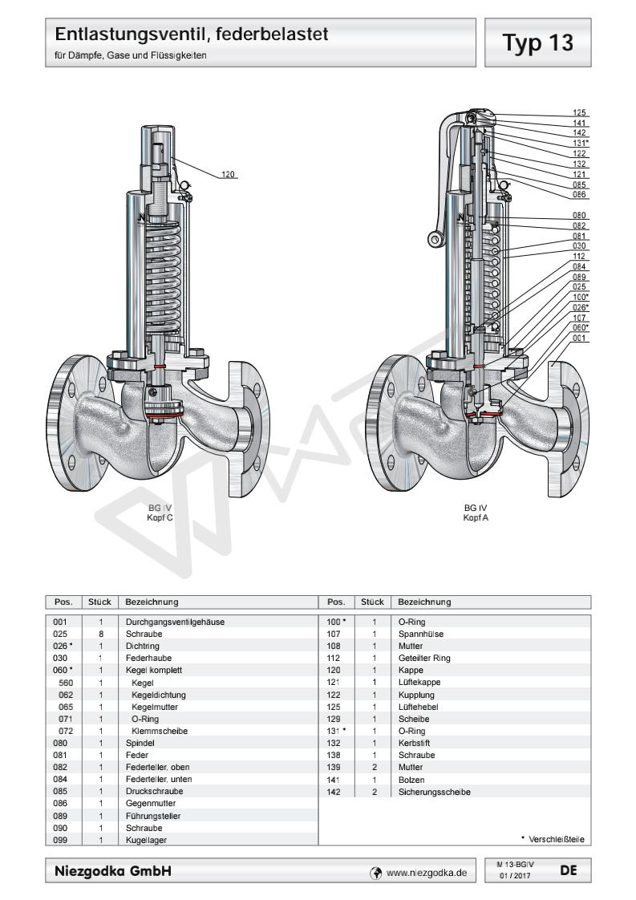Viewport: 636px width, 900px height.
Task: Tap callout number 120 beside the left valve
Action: coord(228,172)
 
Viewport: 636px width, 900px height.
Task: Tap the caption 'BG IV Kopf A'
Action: coord(476,513)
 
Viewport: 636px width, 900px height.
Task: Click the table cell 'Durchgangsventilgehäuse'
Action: coord(169,622)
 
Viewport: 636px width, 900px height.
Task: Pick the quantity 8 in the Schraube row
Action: coord(101,632)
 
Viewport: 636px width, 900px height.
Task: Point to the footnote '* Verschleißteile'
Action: coord(553,839)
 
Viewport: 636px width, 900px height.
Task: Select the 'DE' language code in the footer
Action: coord(568,870)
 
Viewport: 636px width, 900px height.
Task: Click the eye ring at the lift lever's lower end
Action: coord(435,238)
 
